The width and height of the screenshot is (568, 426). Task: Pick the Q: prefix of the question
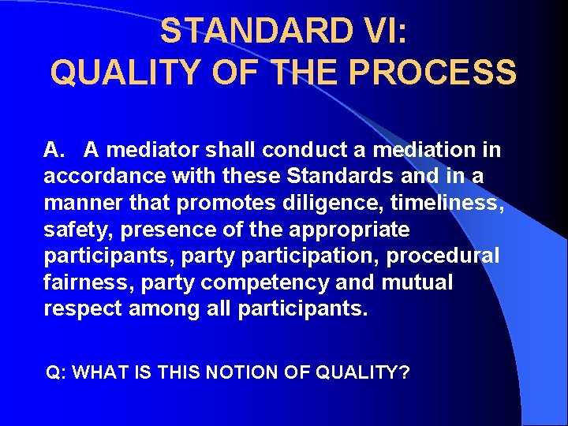point(57,372)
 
